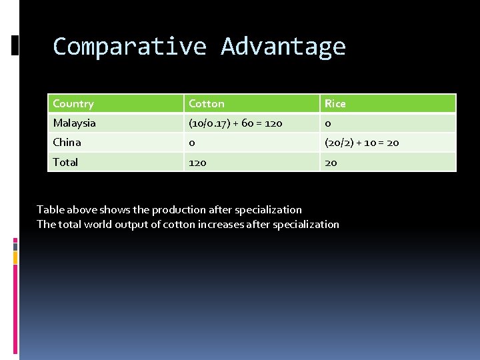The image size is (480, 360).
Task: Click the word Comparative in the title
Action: coord(129,47)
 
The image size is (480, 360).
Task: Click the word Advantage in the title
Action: coord(283,47)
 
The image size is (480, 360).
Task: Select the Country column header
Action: coord(73,103)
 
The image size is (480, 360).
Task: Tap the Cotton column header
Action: coord(207,103)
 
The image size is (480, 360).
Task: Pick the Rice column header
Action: coord(335,103)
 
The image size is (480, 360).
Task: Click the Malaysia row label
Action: coord(75,123)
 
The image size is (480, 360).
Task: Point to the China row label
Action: coord(67,142)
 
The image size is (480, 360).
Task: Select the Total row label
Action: coord(65,162)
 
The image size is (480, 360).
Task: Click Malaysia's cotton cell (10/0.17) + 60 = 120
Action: coord(235,123)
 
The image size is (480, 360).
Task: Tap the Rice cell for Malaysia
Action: coord(328,123)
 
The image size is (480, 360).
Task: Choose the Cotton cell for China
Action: coord(192,142)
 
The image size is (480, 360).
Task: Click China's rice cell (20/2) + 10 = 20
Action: coord(362,142)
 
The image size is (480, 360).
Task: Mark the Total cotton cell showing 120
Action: coord(197,162)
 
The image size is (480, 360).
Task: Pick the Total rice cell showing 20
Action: coord(331,162)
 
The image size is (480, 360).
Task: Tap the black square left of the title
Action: coord(15,45)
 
